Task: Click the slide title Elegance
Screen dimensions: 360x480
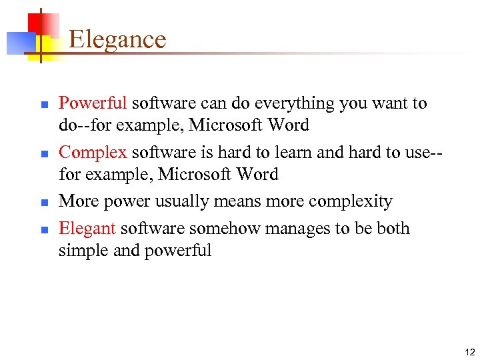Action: [117, 39]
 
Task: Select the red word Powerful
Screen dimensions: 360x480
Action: [92, 103]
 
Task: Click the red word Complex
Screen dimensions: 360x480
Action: [92, 153]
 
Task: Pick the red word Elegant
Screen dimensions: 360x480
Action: [87, 229]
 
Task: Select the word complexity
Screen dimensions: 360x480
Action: [353, 201]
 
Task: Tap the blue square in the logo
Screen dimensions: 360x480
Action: [17, 43]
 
